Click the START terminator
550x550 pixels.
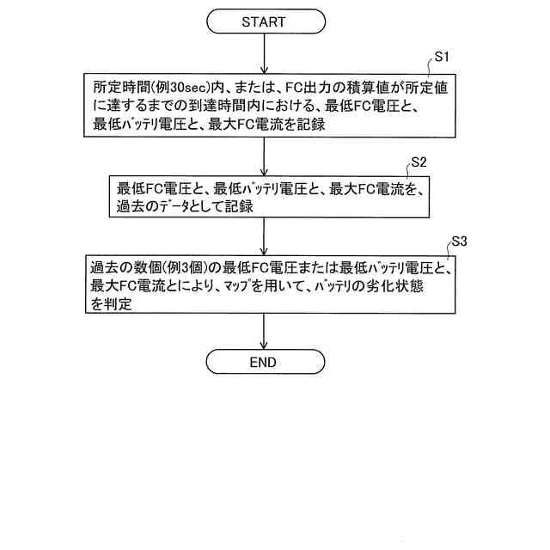pos(263,21)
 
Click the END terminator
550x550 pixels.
pos(263,362)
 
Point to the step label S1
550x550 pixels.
pos(443,58)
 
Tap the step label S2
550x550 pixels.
pos(419,161)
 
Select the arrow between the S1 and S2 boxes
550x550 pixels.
pos(263,155)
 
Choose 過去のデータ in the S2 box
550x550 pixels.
pos(160,207)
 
